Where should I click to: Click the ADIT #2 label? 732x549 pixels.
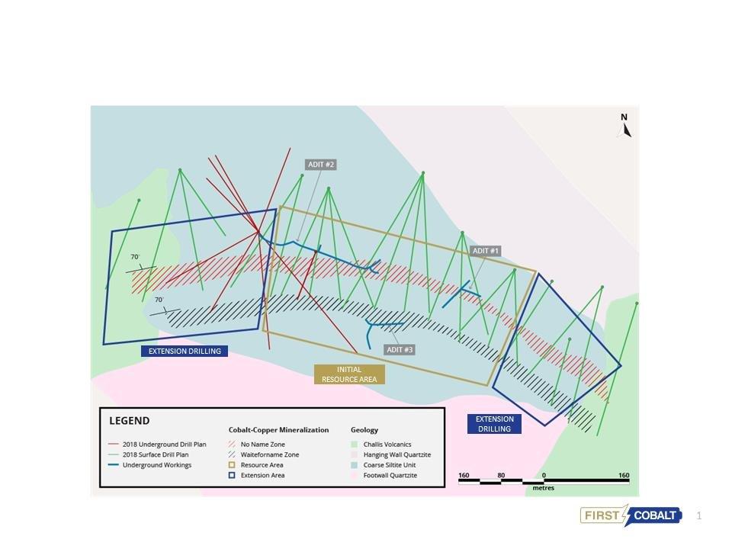click(x=321, y=165)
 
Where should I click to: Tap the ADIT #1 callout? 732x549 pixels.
click(x=486, y=251)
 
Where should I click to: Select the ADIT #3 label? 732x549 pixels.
click(x=400, y=350)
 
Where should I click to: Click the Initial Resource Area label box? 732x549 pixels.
click(x=349, y=374)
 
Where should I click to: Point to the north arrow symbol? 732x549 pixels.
click(x=624, y=127)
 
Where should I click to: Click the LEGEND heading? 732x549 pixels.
click(x=130, y=421)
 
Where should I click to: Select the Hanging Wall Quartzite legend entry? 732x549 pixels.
click(x=395, y=454)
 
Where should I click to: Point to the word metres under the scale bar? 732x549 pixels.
click(x=544, y=488)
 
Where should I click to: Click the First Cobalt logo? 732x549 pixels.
click(x=631, y=515)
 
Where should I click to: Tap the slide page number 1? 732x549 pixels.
click(x=698, y=516)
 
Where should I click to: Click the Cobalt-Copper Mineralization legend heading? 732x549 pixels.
click(x=278, y=430)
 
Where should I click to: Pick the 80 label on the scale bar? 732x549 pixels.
click(x=501, y=476)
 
